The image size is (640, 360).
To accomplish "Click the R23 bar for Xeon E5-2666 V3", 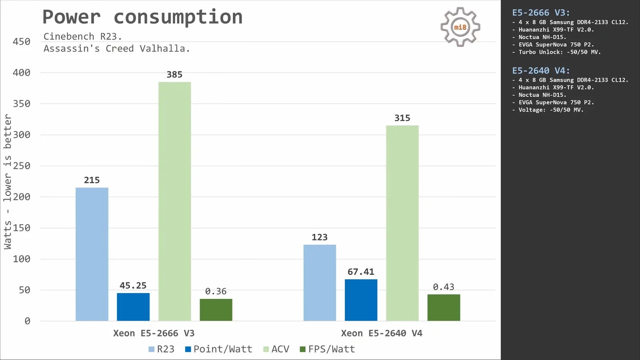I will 92,254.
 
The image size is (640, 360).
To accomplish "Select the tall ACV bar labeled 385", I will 174,201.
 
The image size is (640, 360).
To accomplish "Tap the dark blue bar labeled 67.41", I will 361,300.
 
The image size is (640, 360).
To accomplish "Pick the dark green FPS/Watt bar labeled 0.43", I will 444,308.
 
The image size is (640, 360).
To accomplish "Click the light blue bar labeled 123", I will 320,282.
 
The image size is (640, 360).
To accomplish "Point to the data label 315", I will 402,118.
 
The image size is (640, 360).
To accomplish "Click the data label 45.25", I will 133,286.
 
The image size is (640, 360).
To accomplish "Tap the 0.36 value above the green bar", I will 216,291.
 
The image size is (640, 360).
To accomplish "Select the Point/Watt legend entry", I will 218,349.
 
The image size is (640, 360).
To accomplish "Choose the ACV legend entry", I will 276,349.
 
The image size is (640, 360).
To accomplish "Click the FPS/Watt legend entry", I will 327,349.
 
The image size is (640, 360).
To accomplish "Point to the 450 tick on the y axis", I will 22,42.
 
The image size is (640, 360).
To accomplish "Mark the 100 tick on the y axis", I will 22,259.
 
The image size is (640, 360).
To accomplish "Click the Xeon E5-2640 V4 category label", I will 382,333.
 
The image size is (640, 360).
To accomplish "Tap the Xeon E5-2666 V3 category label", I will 154,333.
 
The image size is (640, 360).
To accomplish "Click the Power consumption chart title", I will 142,17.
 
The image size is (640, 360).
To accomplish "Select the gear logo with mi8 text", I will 460,27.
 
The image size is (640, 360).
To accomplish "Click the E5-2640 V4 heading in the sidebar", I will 541,71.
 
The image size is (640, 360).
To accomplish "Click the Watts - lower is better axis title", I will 8,182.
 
